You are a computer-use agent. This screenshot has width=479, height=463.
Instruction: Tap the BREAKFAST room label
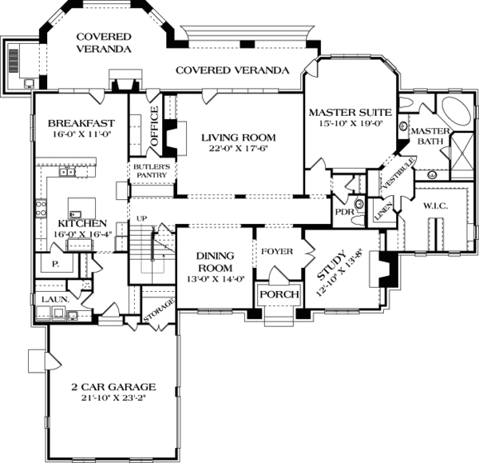click(x=81, y=123)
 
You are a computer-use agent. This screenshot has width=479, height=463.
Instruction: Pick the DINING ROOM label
click(x=215, y=261)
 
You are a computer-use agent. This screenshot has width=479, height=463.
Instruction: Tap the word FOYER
click(x=276, y=252)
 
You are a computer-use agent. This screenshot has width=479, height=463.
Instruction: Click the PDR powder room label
click(x=344, y=213)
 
